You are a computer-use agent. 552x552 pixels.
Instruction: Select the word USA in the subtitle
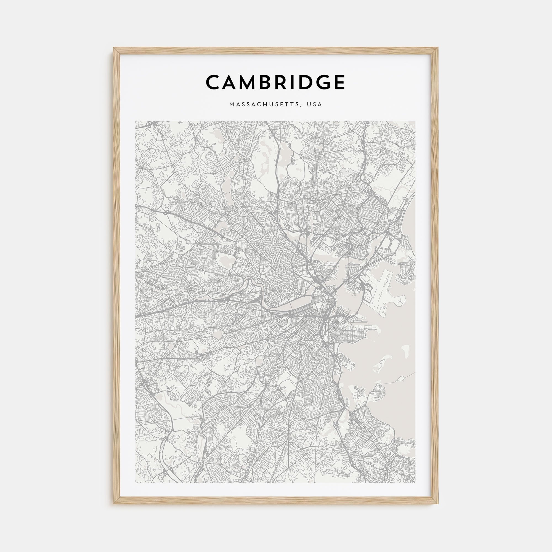(315, 104)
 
